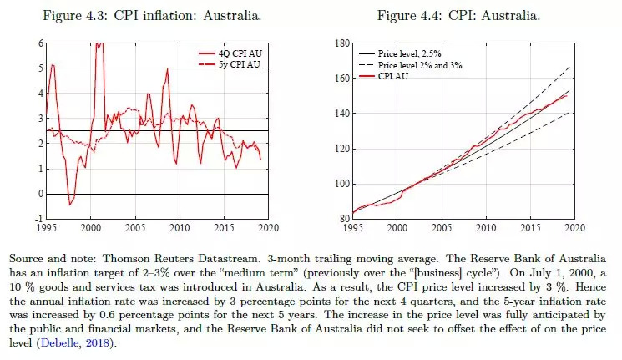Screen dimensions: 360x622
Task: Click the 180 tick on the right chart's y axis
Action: (x=341, y=43)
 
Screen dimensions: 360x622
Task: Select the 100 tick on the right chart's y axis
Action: (x=341, y=184)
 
